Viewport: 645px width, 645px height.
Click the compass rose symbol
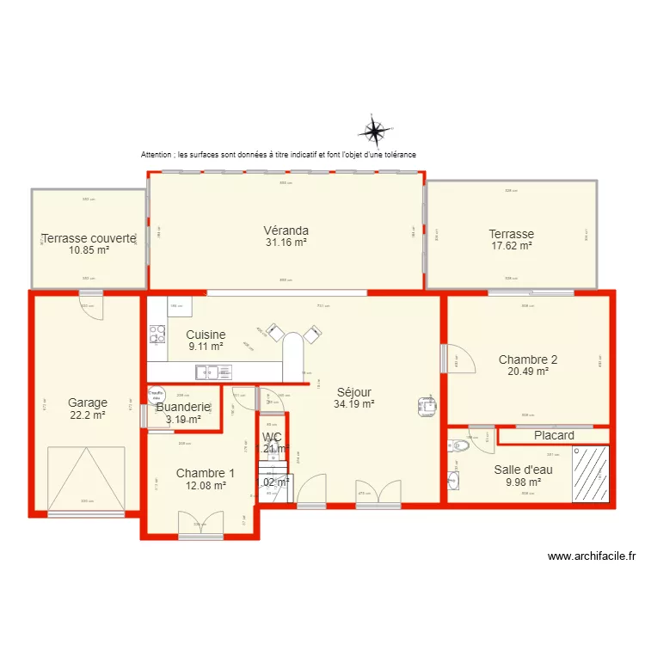[x=375, y=131]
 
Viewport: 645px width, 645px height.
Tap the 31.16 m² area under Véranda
[x=286, y=243]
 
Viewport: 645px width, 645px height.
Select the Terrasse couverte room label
[x=89, y=238]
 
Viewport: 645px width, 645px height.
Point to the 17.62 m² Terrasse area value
[x=511, y=246]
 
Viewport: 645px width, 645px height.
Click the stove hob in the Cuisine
[x=157, y=333]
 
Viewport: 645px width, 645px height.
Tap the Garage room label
[x=88, y=402]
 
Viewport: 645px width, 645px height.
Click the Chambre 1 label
[x=205, y=473]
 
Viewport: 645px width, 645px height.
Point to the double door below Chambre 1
[x=200, y=524]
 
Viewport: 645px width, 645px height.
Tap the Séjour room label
[x=353, y=392]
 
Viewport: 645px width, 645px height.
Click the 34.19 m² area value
[x=353, y=403]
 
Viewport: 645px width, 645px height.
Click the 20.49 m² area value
[x=527, y=372]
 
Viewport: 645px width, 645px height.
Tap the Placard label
[x=554, y=435]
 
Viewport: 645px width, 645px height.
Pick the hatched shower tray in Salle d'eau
[x=591, y=474]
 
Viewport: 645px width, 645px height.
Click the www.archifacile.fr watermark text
[x=591, y=556]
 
